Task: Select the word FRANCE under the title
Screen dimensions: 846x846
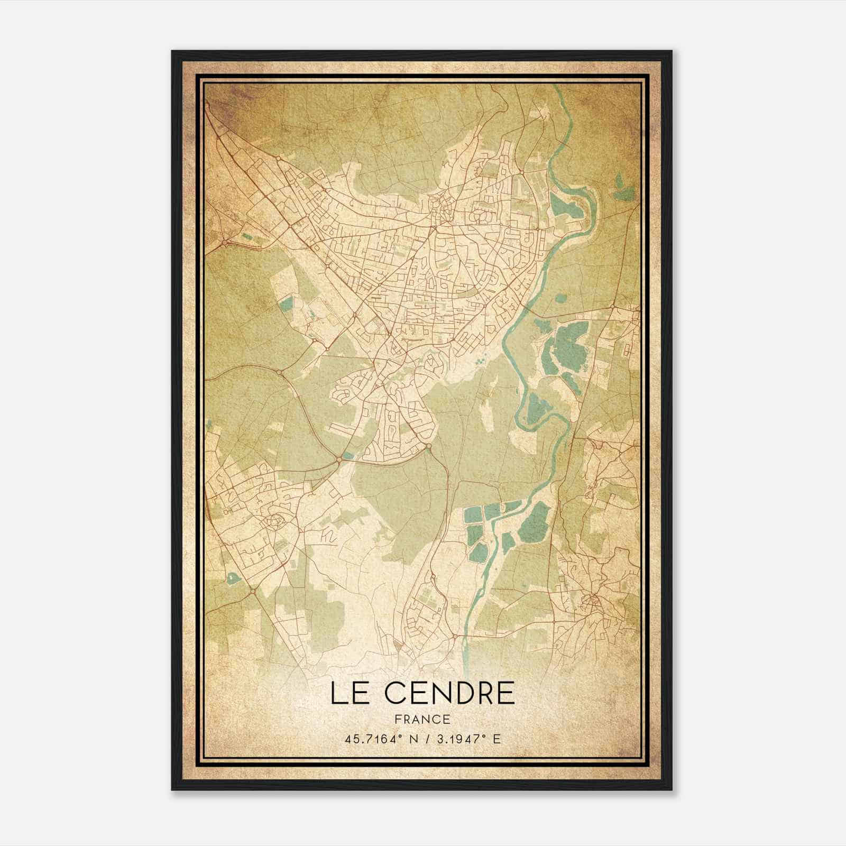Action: (423, 719)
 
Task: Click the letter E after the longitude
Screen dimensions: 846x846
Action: (495, 739)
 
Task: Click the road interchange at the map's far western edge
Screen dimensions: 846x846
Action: (224, 243)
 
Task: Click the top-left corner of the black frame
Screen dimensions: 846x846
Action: (172, 51)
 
